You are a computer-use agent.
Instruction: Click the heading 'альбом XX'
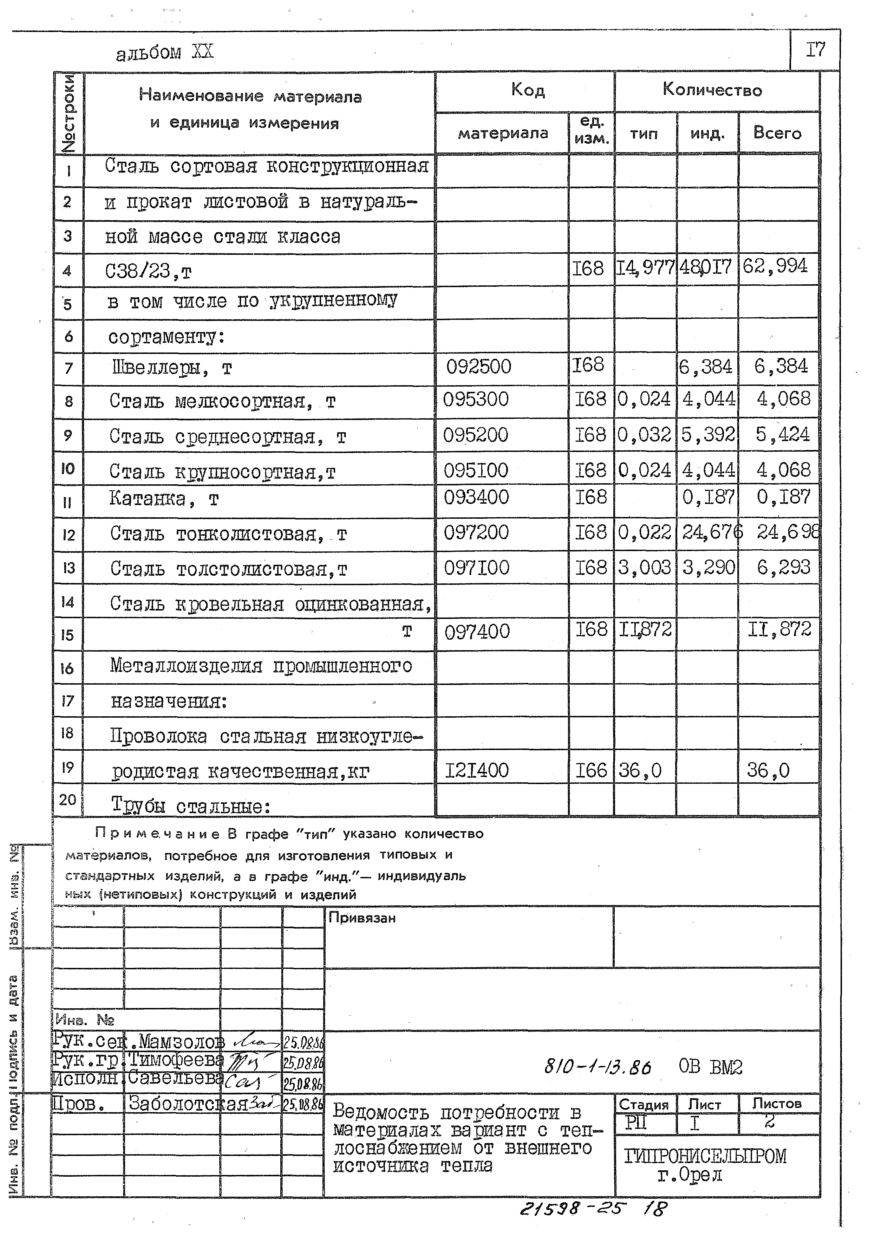coord(165,52)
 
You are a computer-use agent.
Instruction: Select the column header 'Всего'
coord(777,132)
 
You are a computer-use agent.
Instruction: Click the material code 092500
coord(478,367)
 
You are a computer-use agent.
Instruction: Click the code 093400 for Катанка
coord(476,497)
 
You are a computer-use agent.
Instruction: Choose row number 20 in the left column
coord(67,800)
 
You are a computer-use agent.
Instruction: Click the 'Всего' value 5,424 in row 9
coord(782,434)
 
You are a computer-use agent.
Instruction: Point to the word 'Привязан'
coord(362,918)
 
